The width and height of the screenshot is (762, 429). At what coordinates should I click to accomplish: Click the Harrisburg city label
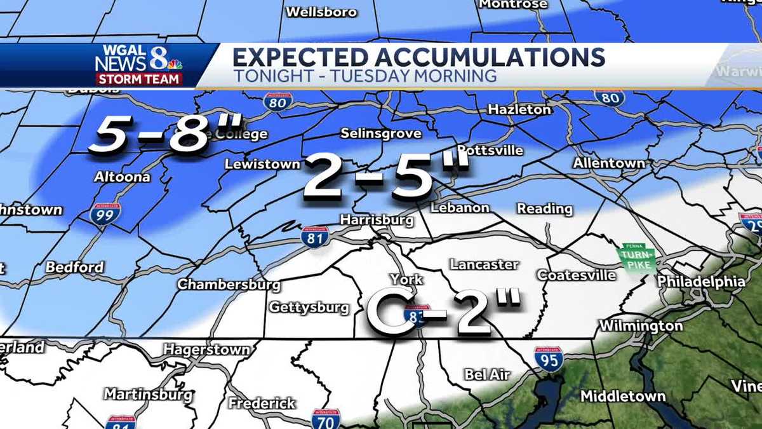tap(377, 221)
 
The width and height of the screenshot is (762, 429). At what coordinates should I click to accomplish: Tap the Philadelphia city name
tap(701, 281)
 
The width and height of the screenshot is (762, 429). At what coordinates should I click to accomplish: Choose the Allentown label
tap(608, 163)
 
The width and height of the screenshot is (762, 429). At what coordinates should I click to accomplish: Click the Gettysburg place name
tap(309, 308)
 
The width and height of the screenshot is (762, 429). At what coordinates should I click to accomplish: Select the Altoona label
tap(122, 177)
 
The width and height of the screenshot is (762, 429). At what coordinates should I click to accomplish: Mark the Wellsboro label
tap(321, 12)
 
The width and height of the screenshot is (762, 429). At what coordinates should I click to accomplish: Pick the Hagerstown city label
tap(206, 350)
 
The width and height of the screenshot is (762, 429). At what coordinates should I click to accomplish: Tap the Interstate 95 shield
tap(548, 359)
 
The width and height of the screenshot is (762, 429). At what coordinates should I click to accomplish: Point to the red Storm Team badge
tap(139, 79)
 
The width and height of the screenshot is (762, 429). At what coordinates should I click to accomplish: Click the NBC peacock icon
tap(175, 63)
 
